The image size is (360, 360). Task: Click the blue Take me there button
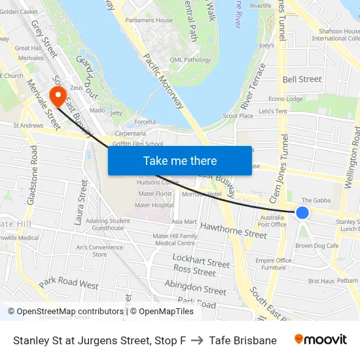180,160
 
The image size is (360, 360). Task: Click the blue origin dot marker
302,213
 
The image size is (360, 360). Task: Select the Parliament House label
150,20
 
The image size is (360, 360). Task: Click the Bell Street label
302,79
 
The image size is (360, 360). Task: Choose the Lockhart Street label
201,260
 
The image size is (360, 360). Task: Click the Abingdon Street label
195,286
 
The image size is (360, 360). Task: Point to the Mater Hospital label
154,205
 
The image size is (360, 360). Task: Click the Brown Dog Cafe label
317,245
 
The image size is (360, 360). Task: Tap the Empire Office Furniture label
274,264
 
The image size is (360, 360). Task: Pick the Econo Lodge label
285,99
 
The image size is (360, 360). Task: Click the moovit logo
321,340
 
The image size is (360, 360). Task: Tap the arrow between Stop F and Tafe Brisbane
197,340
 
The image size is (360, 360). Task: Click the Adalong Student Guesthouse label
108,225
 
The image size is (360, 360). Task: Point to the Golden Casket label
19,12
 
